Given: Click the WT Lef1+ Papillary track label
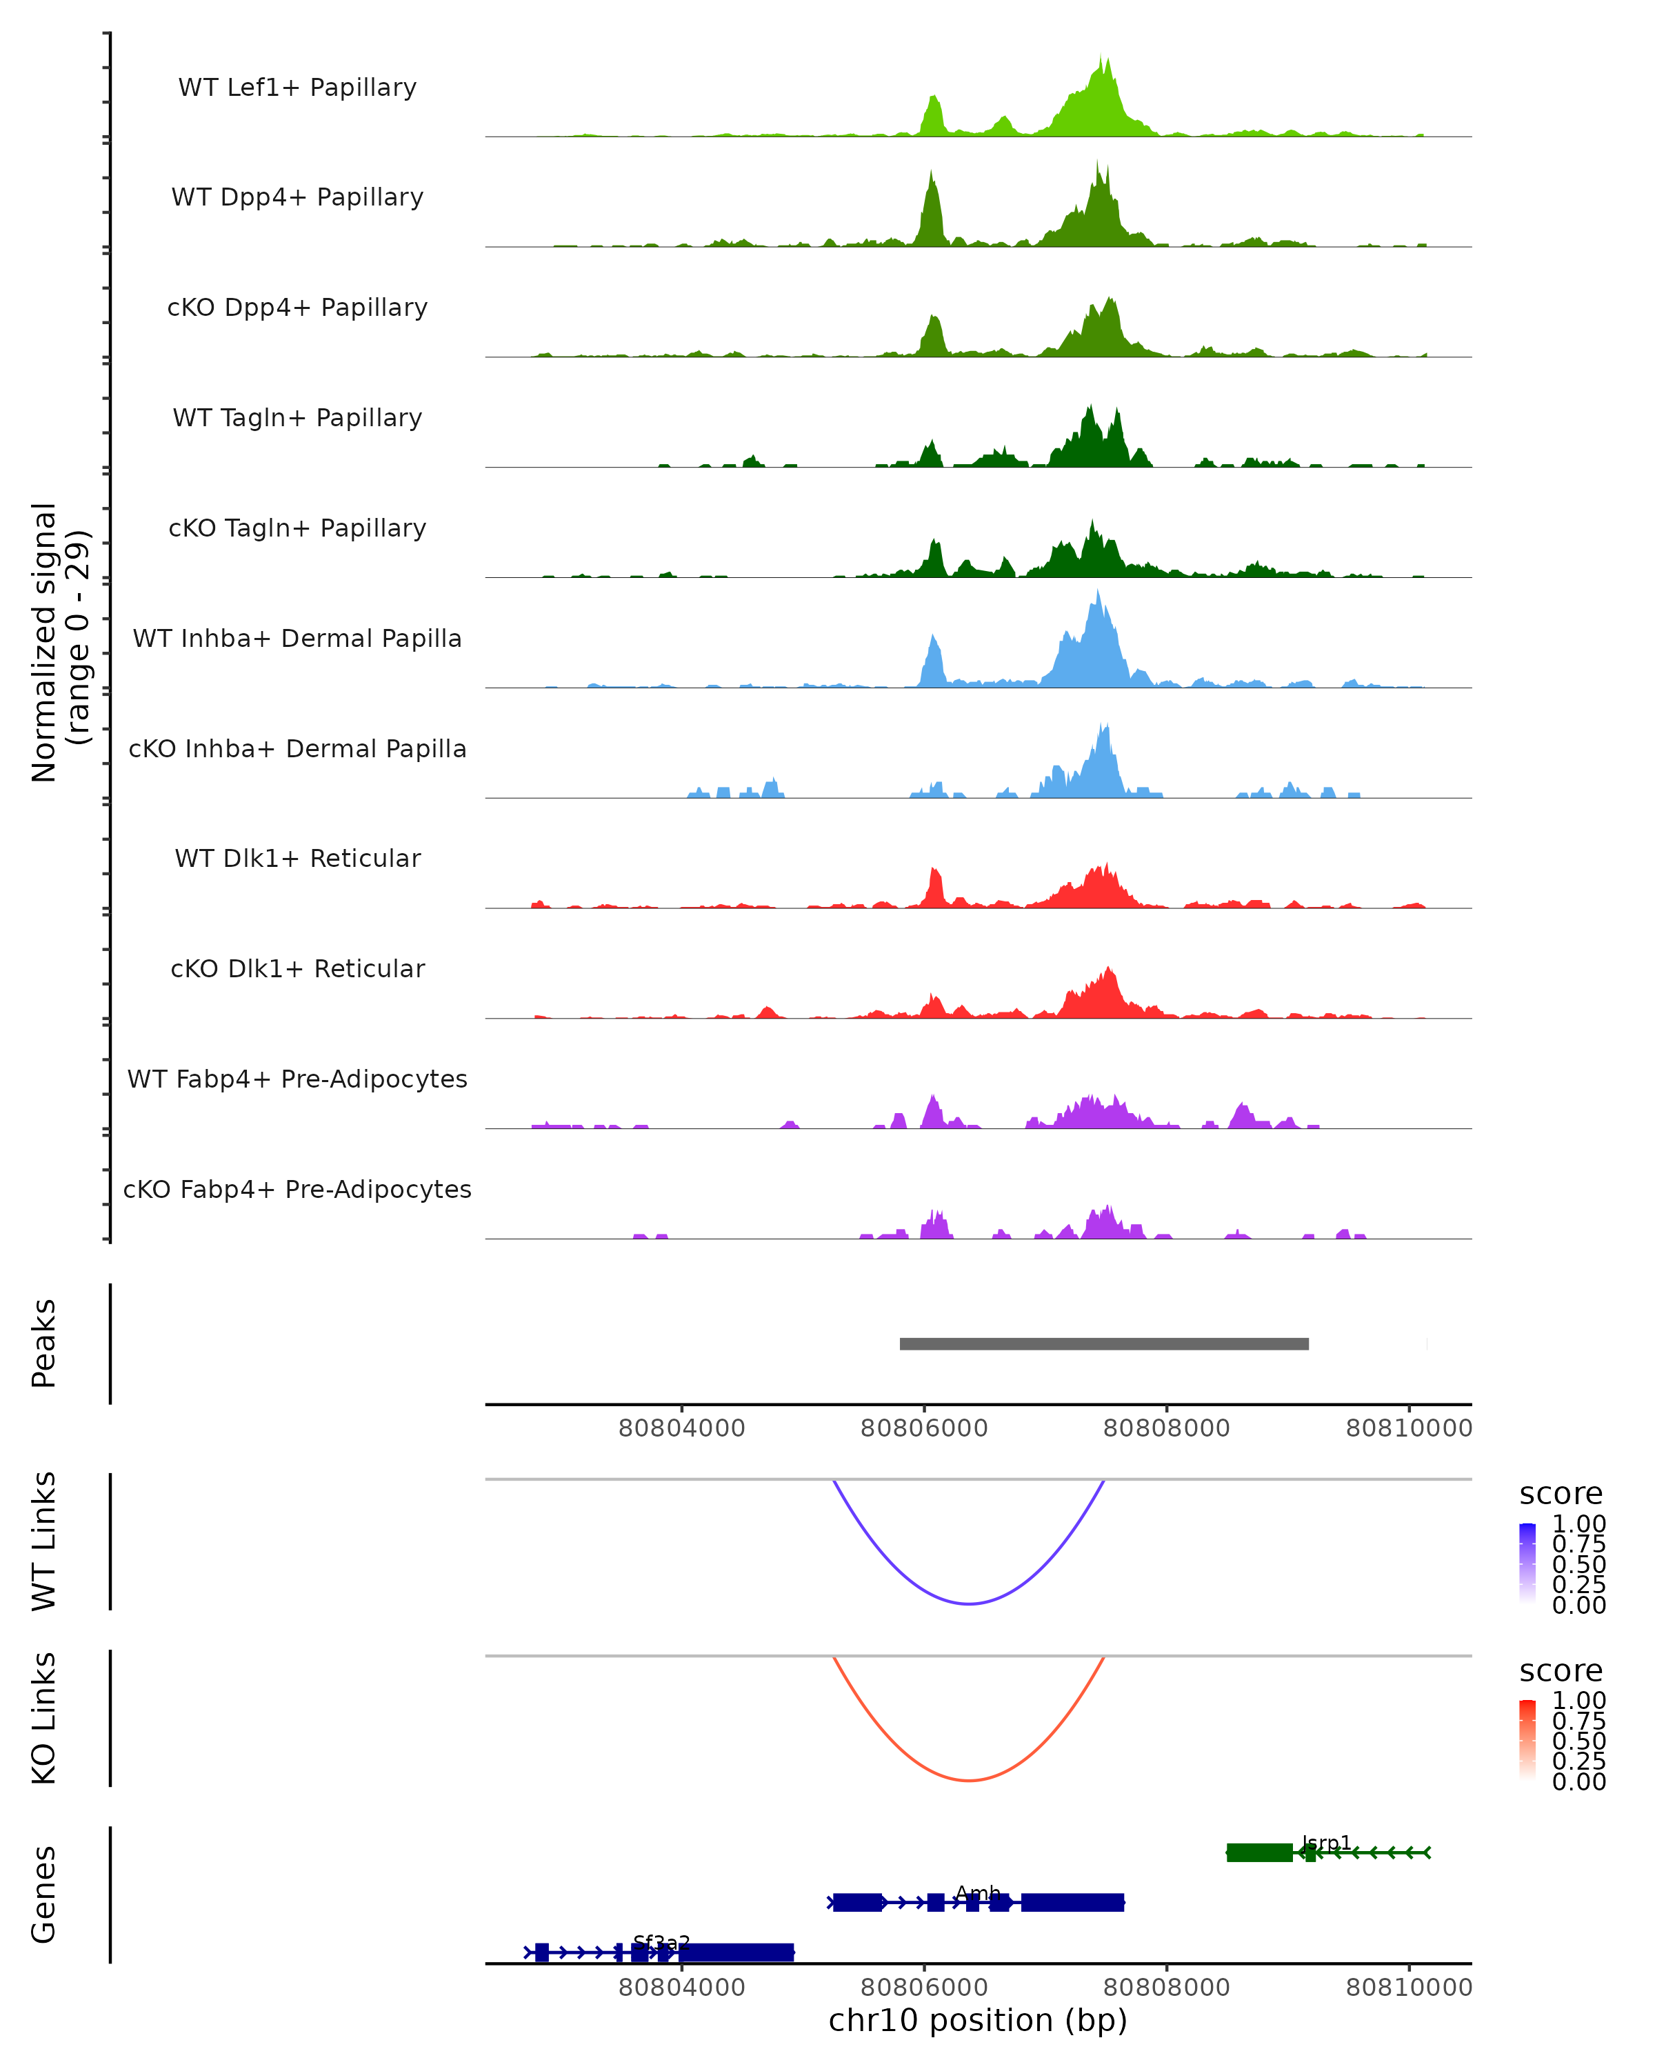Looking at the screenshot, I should pos(297,88).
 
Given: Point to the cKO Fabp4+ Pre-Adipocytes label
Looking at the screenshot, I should pos(297,1189).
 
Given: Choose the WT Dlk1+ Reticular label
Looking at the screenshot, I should pos(297,858).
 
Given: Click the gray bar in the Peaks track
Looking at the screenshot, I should pos(1103,1343).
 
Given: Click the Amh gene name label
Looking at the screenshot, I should pos(978,1892).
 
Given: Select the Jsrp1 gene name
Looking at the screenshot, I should pos(1326,1843).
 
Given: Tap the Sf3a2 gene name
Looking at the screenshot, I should pos(661,1942).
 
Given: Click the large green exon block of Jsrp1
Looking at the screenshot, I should pos(1258,1852).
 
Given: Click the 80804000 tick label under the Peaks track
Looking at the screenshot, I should pos(681,1428).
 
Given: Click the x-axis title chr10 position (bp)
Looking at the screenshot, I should pos(978,2020).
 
